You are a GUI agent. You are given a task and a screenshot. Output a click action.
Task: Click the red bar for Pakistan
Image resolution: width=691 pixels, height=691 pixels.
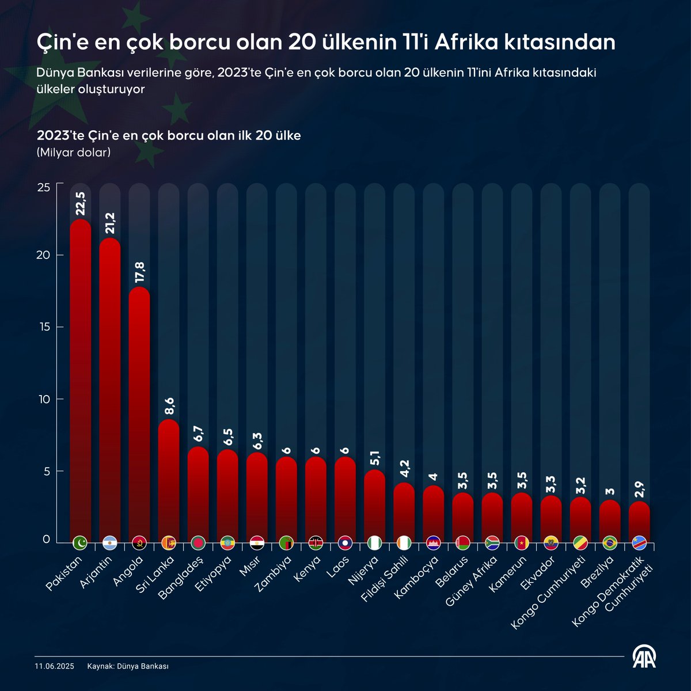(x=80, y=374)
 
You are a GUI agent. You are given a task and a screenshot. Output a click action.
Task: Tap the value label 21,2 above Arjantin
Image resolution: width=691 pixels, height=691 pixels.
(x=110, y=223)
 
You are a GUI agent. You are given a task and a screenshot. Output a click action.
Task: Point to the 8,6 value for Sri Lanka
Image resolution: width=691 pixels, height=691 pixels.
(x=169, y=405)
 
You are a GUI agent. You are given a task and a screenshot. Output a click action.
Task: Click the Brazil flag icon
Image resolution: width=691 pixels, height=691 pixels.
(x=610, y=542)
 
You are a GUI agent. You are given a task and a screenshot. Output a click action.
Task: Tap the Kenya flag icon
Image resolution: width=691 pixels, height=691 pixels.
(x=316, y=542)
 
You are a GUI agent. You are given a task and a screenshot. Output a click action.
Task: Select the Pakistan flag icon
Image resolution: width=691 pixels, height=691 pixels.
(x=80, y=542)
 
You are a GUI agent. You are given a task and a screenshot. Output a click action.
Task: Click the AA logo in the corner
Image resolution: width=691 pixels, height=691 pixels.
(x=645, y=656)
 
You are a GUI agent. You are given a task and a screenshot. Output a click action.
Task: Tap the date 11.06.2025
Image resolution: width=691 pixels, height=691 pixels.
(x=54, y=666)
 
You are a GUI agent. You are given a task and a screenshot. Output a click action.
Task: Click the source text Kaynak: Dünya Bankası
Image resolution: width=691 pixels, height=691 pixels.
(x=128, y=666)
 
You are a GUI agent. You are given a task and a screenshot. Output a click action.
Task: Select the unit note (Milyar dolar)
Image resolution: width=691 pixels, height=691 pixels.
(x=74, y=153)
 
